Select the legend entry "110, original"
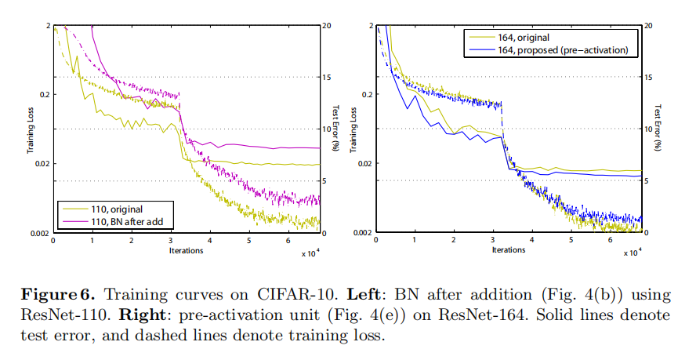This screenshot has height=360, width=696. tap(117, 210)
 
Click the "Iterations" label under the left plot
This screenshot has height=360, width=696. tap(186, 251)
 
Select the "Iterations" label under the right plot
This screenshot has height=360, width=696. tap(509, 251)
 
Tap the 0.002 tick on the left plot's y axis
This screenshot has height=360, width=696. tap(38, 233)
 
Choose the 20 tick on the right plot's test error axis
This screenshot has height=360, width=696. tap(650, 25)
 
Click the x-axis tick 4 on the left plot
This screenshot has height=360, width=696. tap(210, 240)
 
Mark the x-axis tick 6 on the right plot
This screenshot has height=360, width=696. tap(611, 240)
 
